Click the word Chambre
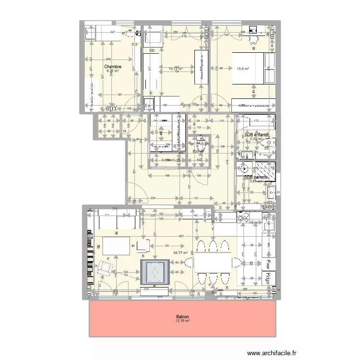(x=113, y=67)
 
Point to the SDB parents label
(x=256, y=177)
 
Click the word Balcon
(x=182, y=317)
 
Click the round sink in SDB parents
(x=245, y=168)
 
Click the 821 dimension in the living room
(x=181, y=237)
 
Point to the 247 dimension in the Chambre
(x=112, y=32)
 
